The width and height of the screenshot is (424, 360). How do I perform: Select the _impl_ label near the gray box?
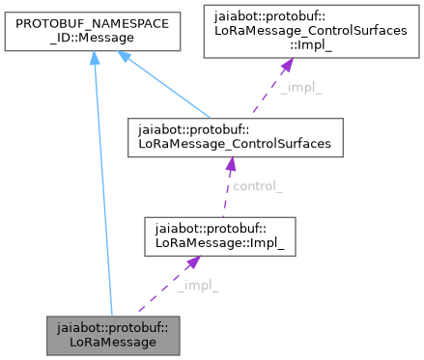pos(197,285)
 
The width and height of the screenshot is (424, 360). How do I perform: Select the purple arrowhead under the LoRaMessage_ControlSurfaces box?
pos(230,165)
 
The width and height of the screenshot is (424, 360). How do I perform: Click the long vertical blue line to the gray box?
pos(99,193)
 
